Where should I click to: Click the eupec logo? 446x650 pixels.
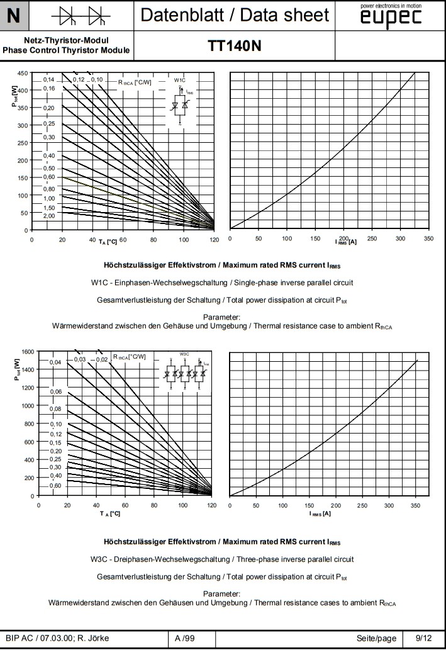(x=391, y=17)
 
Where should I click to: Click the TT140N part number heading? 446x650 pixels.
(x=234, y=45)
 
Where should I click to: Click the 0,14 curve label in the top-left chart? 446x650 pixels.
(x=49, y=80)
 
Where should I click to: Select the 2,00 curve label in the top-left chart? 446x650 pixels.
(x=49, y=216)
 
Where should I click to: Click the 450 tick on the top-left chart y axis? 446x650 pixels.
(x=22, y=73)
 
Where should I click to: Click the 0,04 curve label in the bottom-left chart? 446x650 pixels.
(x=56, y=362)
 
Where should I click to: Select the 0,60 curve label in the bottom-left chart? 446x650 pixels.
(x=56, y=485)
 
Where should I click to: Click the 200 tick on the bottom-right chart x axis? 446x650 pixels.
(x=336, y=505)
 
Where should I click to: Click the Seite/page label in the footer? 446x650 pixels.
(x=376, y=639)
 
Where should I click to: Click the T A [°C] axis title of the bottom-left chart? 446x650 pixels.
(x=109, y=514)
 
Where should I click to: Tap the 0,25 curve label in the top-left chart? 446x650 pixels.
(x=49, y=123)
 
